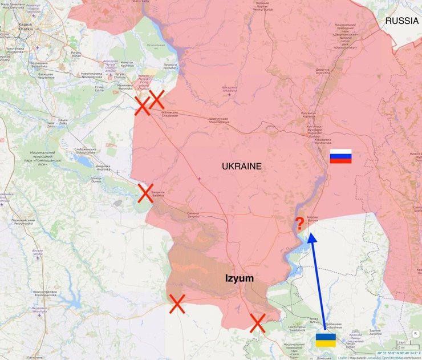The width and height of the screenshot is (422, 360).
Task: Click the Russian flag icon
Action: click(340, 156)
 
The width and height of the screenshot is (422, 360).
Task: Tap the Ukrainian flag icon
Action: click(326, 341)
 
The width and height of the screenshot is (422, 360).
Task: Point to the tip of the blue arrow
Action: click(311, 236)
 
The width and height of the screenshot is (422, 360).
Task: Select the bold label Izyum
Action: click(239, 278)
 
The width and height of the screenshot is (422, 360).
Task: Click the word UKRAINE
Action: click(242, 167)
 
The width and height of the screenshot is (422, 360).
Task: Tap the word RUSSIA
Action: click(402, 21)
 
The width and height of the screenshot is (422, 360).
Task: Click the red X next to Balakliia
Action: click(145, 193)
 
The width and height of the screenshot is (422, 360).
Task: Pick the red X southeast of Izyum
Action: click(258, 323)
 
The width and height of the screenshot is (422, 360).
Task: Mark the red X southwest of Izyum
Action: click(177, 304)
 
